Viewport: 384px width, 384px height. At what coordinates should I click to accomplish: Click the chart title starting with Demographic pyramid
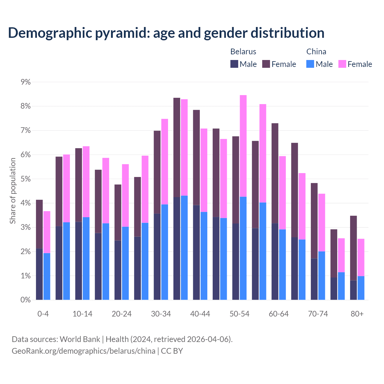(x=166, y=33)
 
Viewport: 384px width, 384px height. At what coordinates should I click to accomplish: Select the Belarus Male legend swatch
(x=234, y=64)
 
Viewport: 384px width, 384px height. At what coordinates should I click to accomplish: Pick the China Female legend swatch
(x=342, y=64)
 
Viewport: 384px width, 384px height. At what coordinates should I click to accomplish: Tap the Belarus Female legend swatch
(x=266, y=64)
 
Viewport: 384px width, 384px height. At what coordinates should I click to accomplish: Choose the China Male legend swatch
(x=310, y=64)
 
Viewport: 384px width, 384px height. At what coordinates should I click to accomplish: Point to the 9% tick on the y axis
(x=26, y=82)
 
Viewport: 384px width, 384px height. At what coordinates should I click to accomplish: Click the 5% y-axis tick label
(x=26, y=179)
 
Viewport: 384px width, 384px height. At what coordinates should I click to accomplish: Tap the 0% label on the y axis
(x=26, y=300)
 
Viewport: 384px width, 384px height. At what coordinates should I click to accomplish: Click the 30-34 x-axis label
(x=161, y=314)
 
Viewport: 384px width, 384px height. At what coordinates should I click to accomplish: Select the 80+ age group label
(x=357, y=314)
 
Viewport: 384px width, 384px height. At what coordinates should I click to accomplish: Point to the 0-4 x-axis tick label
(x=43, y=314)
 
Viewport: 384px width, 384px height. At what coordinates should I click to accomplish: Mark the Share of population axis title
(x=13, y=191)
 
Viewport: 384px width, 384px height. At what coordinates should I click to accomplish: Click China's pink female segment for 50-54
(x=243, y=146)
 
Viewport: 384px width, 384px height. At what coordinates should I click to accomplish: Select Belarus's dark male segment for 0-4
(x=39, y=274)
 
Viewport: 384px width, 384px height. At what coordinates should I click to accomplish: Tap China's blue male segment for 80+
(x=361, y=288)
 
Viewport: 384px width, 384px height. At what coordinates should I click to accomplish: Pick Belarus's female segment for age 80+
(x=353, y=248)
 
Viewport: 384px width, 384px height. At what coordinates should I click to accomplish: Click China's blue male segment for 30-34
(x=165, y=252)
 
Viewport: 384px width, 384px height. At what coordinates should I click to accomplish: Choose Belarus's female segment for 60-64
(x=275, y=173)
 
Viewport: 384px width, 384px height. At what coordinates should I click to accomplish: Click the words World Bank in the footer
(x=80, y=339)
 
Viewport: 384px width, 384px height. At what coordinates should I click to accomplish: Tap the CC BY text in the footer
(x=172, y=351)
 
